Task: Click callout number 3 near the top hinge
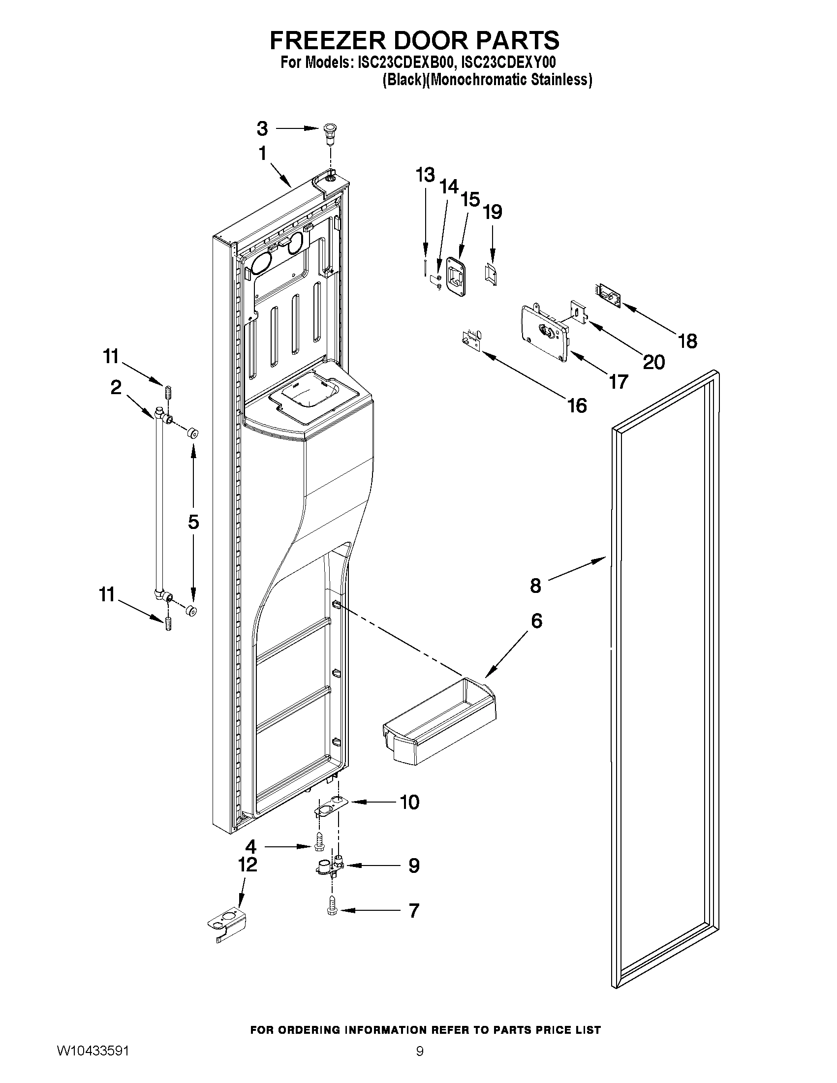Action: (262, 129)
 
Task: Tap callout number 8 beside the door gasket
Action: (535, 586)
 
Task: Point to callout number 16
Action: (577, 405)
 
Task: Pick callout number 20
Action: (653, 363)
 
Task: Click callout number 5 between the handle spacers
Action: (193, 522)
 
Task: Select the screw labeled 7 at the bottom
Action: (332, 910)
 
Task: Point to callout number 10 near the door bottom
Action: (409, 802)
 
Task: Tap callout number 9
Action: (413, 866)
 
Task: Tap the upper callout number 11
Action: (111, 356)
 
